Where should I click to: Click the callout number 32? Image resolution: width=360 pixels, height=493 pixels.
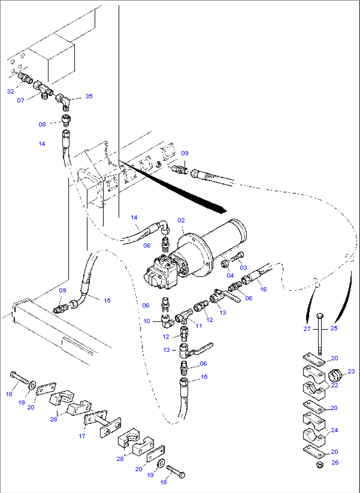tap(11, 91)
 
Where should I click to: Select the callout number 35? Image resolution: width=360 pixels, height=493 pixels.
tap(89, 96)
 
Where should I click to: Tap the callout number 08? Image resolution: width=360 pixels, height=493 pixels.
tap(42, 124)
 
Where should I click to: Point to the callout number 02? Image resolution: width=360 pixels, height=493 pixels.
tap(181, 220)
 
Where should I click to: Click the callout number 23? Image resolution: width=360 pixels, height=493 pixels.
tap(351, 371)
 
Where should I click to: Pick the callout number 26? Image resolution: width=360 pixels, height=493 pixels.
tap(335, 462)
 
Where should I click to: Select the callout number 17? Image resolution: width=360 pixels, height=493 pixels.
tap(82, 436)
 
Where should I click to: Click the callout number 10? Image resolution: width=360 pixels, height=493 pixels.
tap(147, 321)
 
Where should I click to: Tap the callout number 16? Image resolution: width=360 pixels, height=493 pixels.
tap(263, 289)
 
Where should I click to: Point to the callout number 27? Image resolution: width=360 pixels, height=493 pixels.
tap(307, 328)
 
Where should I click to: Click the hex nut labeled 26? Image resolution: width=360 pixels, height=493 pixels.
tap(319, 465)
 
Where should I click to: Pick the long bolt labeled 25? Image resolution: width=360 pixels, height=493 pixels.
tap(319, 334)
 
